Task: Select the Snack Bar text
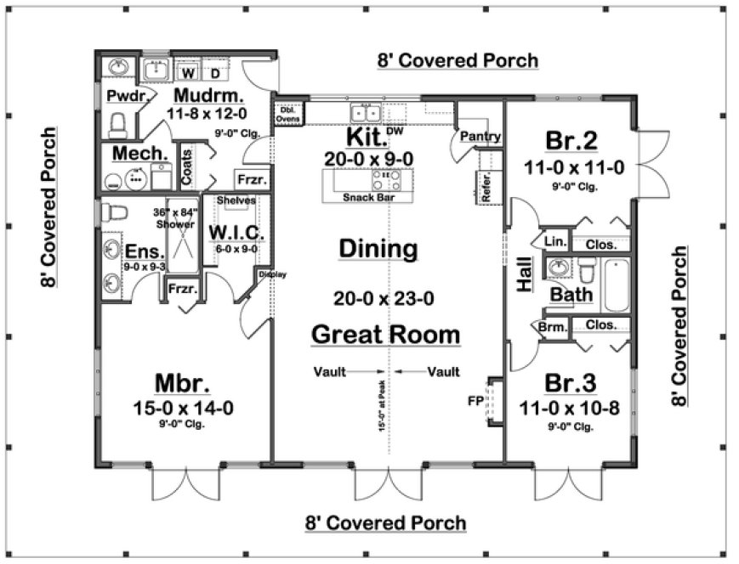(367, 198)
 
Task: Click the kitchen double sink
(367, 113)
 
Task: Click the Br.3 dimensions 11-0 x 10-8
(570, 409)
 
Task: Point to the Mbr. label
(183, 381)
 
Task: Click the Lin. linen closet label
(554, 243)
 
